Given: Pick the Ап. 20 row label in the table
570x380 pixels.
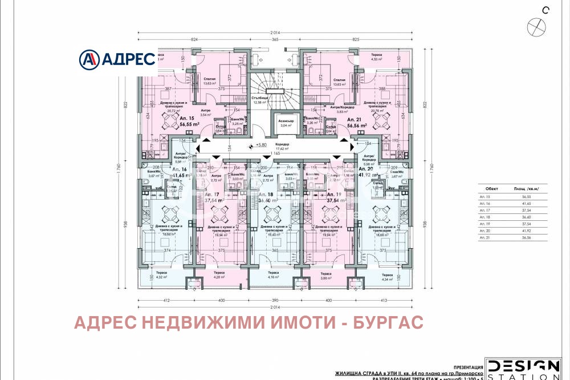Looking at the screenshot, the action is [486, 231].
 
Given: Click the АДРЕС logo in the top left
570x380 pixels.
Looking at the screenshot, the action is [117, 58].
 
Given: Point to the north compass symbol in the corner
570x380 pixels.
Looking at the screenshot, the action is [536, 26].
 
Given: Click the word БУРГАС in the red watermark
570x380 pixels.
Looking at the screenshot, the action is [387, 324].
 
